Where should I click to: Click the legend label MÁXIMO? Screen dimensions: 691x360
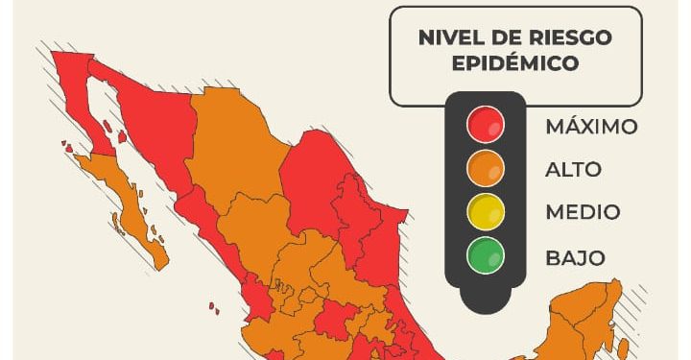(x=591, y=127)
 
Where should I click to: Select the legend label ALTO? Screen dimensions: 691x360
(x=573, y=170)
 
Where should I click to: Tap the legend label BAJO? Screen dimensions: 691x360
(x=575, y=257)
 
